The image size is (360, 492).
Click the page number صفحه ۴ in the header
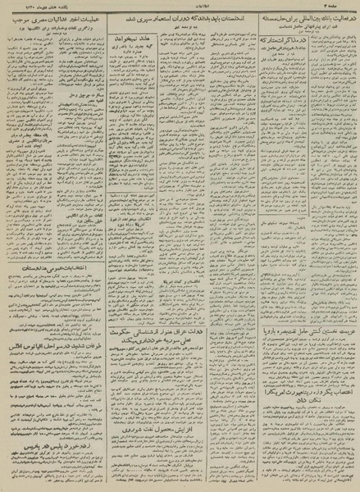[339, 7]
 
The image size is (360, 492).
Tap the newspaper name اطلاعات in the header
[177, 7]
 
